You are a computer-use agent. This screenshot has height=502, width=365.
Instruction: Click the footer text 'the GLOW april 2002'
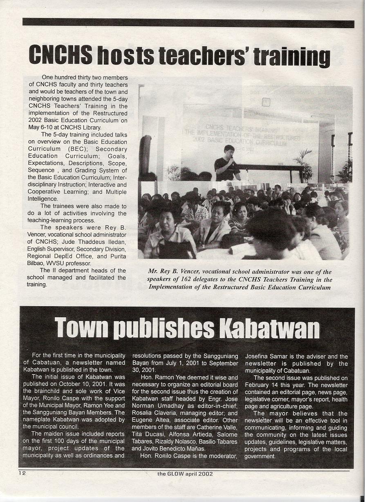click(x=185, y=474)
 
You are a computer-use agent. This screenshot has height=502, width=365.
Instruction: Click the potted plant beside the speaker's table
click(x=304, y=164)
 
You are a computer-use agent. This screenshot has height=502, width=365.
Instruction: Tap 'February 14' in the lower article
click(x=262, y=385)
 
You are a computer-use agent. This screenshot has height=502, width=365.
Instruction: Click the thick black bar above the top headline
click(x=188, y=23)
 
